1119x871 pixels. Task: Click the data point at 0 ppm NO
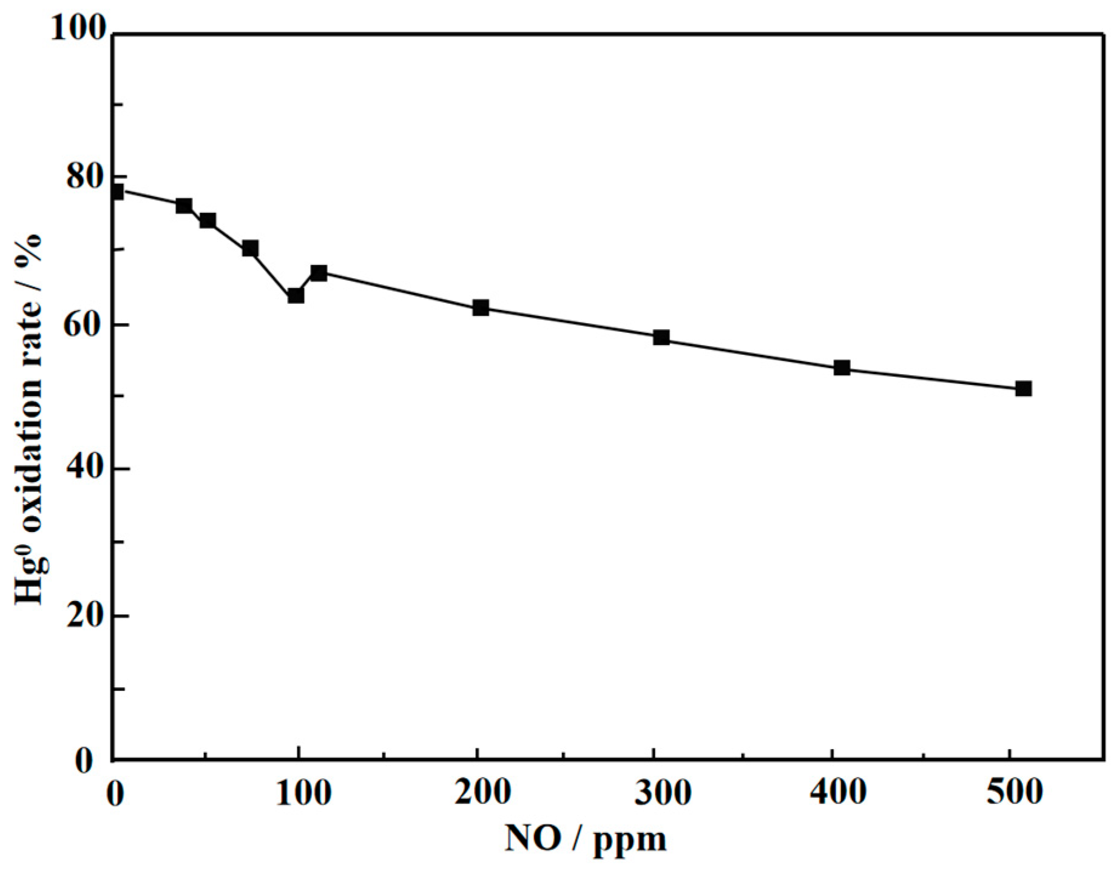(116, 192)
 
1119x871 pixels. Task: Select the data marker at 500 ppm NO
(1023, 389)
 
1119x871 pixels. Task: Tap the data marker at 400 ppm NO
(842, 368)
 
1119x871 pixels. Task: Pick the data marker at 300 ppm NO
(661, 338)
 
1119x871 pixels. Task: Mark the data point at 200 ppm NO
(480, 308)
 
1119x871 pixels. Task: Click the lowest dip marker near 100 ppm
(296, 296)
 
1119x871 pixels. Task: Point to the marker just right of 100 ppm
(319, 273)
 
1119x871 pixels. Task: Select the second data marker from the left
(183, 206)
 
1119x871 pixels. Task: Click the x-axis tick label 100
(303, 793)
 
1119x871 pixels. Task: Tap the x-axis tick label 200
(482, 793)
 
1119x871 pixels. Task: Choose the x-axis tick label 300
(662, 793)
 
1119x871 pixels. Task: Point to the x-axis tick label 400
(839, 793)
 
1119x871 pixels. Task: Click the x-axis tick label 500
(1015, 793)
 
